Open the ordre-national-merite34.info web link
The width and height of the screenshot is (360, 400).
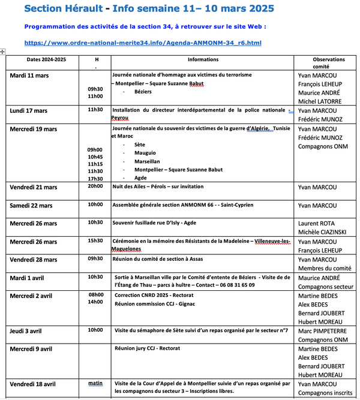(x=143, y=43)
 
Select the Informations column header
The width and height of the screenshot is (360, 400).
(x=203, y=60)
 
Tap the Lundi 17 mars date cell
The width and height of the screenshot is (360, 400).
(x=33, y=111)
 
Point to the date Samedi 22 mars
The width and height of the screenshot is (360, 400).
(x=35, y=206)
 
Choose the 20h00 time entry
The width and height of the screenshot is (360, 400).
(x=95, y=187)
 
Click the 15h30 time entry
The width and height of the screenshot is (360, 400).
(x=95, y=240)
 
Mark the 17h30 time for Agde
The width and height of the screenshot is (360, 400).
(x=95, y=178)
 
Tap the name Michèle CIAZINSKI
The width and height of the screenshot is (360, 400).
(x=323, y=232)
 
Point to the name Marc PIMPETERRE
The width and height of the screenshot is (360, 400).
(x=325, y=331)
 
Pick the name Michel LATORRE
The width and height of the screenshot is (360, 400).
(x=319, y=101)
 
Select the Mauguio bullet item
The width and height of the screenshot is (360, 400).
(x=145, y=153)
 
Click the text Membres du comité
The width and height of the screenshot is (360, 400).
(x=325, y=268)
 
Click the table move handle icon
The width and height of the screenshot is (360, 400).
(x=3, y=52)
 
